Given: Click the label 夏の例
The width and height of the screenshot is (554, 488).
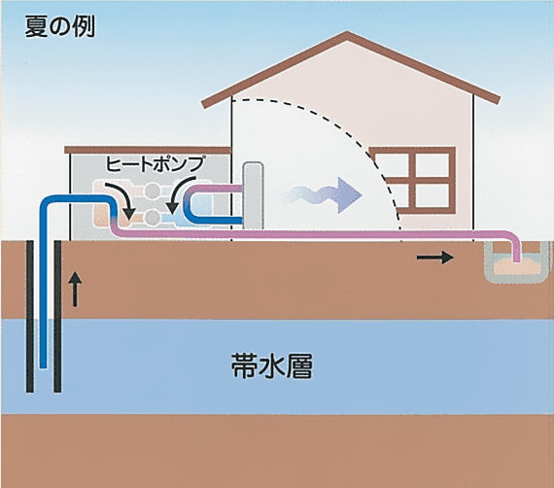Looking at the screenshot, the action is click(x=59, y=27).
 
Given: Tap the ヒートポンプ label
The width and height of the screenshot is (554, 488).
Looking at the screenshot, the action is click(x=156, y=163).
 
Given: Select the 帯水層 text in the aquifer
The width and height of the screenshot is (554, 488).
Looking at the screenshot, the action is click(x=272, y=366).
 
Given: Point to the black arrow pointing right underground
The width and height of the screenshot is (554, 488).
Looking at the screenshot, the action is click(x=435, y=258).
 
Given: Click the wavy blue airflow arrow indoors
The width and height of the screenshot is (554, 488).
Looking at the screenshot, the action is click(x=324, y=195).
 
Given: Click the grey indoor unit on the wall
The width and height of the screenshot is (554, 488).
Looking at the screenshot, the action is click(x=253, y=195).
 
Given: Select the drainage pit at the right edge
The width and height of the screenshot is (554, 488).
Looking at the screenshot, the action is click(x=516, y=262).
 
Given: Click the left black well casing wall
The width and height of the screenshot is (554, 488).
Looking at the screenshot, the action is click(x=30, y=316).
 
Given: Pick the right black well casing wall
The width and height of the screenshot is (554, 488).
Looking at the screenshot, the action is click(x=57, y=316).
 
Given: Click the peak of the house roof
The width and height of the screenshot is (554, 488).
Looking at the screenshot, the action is click(x=348, y=34).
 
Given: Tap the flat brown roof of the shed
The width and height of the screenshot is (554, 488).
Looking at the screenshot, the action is click(x=148, y=150).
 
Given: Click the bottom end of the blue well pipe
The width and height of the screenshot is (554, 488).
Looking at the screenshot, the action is click(x=43, y=366).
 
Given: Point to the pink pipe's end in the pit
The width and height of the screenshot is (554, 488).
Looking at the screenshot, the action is click(x=516, y=261).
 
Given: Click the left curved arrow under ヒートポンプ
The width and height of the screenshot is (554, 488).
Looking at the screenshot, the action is click(x=121, y=200).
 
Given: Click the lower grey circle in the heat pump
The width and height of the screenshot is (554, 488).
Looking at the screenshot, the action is click(x=153, y=217).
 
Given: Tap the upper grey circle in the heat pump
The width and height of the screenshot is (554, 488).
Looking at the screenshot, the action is click(x=153, y=192).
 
